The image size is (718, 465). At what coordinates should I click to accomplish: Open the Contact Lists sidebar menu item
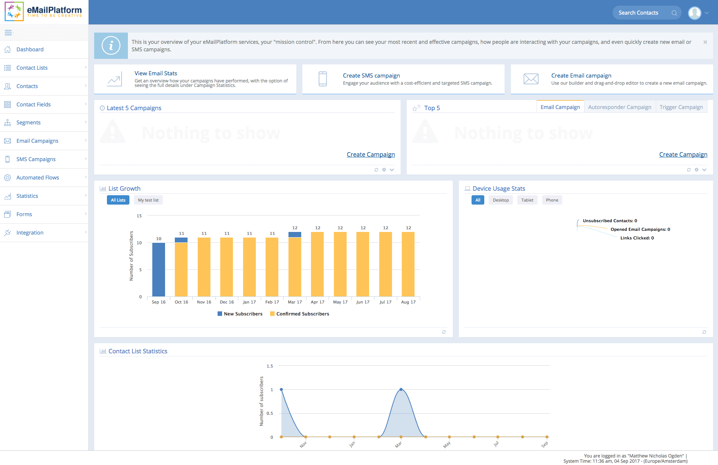[32, 68]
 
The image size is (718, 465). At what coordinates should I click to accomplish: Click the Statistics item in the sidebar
[27, 196]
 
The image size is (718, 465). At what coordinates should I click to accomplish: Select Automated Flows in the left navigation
[38, 178]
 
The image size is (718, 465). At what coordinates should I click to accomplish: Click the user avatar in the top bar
[694, 13]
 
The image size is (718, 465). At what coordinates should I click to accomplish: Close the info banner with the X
[705, 42]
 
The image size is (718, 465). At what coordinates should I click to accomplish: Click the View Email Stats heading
[156, 73]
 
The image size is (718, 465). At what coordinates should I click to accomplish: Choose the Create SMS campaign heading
[371, 76]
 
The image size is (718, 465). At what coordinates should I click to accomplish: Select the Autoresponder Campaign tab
[619, 107]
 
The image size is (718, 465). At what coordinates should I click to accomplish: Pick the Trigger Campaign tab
[681, 107]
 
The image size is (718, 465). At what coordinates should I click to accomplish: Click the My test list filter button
[148, 200]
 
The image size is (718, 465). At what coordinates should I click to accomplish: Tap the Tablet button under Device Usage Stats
[527, 200]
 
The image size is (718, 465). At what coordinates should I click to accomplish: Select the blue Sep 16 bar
[159, 269]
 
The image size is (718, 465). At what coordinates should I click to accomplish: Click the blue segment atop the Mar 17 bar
[295, 235]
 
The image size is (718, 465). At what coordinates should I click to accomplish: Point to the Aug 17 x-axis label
[408, 302]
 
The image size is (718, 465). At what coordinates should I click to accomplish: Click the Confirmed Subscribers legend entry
[302, 314]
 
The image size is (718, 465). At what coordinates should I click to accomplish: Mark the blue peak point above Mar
[401, 390]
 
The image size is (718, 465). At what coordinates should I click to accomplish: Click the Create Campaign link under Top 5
[683, 154]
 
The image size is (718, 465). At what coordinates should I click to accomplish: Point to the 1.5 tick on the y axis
[270, 366]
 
